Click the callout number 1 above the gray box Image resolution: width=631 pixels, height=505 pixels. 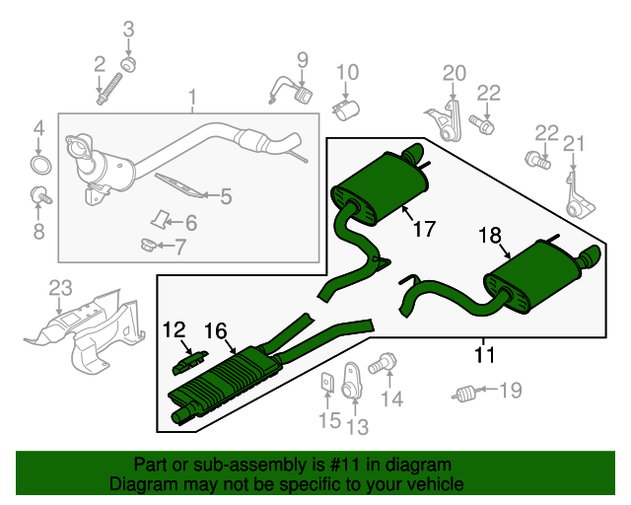coord(193,98)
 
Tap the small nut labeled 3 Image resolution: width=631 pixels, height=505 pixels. coord(128,65)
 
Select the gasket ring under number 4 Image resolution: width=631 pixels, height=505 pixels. coord(39,162)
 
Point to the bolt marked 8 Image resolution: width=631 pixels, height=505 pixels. coord(39,193)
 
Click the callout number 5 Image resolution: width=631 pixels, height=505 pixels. coord(226,196)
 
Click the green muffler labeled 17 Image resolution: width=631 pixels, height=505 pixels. coord(383,185)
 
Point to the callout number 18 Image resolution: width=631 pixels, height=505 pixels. coord(490,235)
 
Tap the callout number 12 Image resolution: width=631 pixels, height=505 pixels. coord(174,329)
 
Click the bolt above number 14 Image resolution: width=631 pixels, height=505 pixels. coord(382,365)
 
